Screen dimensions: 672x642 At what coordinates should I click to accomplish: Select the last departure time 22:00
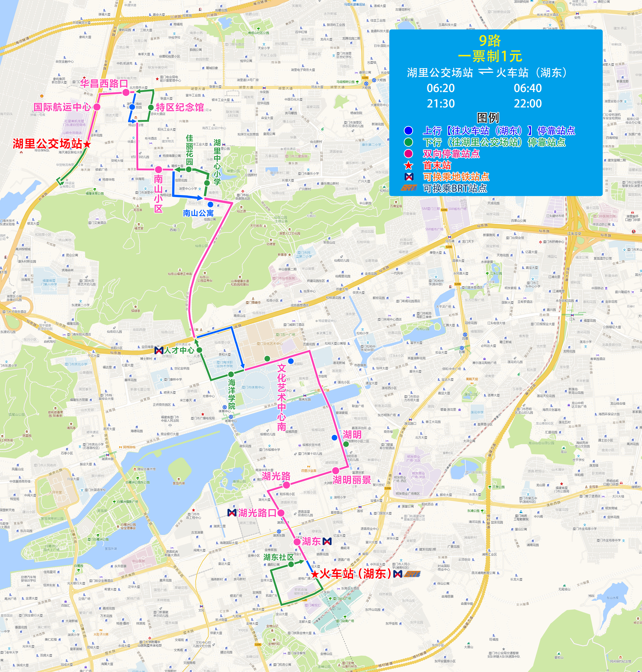click(x=527, y=104)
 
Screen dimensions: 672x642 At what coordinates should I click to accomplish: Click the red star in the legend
click(x=408, y=165)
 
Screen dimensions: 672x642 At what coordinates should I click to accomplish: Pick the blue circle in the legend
click(x=408, y=131)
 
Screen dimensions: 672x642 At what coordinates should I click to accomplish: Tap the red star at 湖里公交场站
click(x=87, y=144)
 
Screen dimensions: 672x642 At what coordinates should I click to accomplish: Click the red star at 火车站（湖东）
click(x=315, y=574)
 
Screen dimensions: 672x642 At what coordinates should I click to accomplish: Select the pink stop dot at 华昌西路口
click(x=126, y=92)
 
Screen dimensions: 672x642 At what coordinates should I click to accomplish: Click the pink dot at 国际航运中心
click(x=97, y=107)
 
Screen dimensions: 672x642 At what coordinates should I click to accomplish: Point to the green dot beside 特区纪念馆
click(x=151, y=107)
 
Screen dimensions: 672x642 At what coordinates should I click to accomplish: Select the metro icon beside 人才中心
click(x=159, y=350)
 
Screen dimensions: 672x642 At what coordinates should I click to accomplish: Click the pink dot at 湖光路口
click(x=281, y=513)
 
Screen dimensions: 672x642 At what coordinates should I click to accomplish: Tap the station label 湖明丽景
click(x=352, y=480)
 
